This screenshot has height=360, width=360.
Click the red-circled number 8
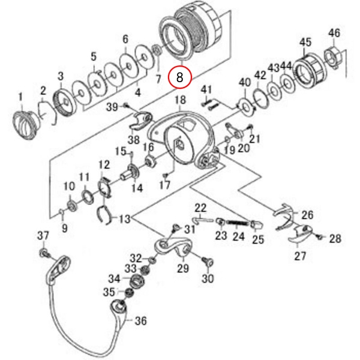[x=181, y=77]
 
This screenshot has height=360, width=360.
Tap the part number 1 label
[x=19, y=96]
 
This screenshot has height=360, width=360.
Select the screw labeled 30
[x=207, y=262]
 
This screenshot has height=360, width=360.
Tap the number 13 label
[x=124, y=219]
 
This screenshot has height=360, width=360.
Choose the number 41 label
[x=206, y=90]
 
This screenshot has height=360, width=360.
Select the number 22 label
[x=200, y=208]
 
